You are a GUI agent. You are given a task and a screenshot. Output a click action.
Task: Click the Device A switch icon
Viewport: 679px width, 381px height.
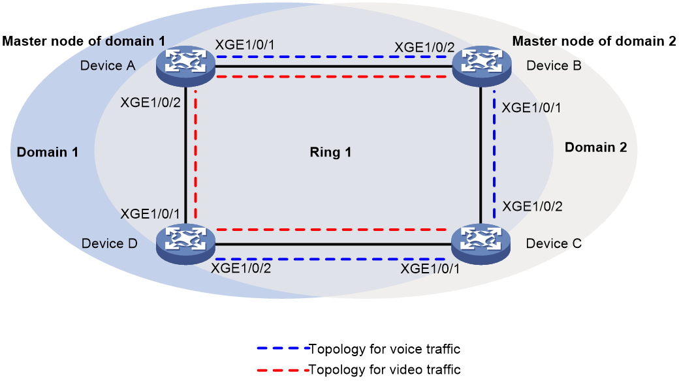[185, 66]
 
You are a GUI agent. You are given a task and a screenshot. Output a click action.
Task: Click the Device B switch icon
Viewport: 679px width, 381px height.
[482, 66]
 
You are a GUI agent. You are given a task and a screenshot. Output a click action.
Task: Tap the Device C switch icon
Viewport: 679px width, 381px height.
[481, 244]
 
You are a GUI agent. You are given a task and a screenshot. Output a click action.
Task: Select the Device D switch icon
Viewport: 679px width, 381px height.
[185, 244]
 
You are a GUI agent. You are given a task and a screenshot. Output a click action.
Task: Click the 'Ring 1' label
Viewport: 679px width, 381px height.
[330, 153]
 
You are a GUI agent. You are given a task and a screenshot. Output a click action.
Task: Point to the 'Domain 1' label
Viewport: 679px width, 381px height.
[47, 152]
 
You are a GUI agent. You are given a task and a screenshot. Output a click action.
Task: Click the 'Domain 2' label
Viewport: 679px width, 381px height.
[596, 147]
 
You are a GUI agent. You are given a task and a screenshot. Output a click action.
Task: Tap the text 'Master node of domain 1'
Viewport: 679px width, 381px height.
[84, 41]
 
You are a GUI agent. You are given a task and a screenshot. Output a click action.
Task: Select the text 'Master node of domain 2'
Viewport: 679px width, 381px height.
[594, 41]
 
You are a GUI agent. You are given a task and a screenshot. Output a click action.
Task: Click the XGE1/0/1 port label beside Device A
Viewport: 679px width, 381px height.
[245, 44]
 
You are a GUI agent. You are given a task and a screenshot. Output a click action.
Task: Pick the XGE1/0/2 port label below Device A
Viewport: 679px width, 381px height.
[150, 102]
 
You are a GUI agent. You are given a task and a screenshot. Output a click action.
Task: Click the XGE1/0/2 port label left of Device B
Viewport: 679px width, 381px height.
[424, 47]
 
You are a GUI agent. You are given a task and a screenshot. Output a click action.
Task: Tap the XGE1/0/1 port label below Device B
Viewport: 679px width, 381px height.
[531, 108]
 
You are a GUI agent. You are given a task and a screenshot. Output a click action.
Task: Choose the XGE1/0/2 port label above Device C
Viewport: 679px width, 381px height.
[532, 207]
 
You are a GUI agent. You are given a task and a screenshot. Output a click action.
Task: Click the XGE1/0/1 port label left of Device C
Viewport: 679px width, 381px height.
[430, 269]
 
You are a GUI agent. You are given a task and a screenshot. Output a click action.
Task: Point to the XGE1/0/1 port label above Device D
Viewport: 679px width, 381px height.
[150, 214]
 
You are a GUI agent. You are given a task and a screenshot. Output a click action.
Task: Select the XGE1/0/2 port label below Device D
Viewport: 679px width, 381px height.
[241, 268]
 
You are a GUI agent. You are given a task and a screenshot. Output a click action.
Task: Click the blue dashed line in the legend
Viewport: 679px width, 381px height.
[283, 348]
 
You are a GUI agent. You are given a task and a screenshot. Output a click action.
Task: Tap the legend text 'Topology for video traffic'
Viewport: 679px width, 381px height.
[385, 370]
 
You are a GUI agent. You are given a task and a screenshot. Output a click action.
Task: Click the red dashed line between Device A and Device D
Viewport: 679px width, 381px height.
[196, 155]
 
